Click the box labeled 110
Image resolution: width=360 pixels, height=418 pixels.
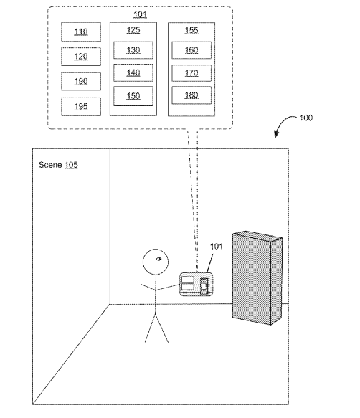pyautogui.click(x=81, y=32)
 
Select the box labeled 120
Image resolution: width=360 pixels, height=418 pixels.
pyautogui.click(x=81, y=57)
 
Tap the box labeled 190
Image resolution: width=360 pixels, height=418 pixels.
pyautogui.click(x=81, y=81)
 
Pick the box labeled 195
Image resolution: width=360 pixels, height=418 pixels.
pyautogui.click(x=81, y=107)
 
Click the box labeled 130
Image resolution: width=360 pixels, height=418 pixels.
pyautogui.click(x=133, y=50)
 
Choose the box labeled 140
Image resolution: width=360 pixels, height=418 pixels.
pyautogui.click(x=133, y=72)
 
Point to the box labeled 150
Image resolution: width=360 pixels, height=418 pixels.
pyautogui.click(x=133, y=96)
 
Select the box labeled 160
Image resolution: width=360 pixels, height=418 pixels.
pyautogui.click(x=191, y=50)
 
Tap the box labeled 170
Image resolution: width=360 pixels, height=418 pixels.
pyautogui.click(x=191, y=73)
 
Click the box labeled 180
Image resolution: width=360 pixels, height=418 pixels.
pyautogui.click(x=191, y=95)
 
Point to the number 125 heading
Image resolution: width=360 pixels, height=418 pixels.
pyautogui.click(x=133, y=30)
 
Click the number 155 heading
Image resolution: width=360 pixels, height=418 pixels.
pyautogui.click(x=191, y=30)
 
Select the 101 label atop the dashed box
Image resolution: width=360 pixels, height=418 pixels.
pyautogui.click(x=140, y=14)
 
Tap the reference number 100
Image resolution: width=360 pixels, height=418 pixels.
pyautogui.click(x=306, y=118)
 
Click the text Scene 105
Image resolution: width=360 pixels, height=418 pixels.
pyautogui.click(x=58, y=165)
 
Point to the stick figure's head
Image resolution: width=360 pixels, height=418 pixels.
pyautogui.click(x=156, y=262)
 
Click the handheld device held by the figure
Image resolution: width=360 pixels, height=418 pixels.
pyautogui.click(x=196, y=284)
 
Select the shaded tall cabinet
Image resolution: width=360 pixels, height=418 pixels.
pyautogui.click(x=257, y=278)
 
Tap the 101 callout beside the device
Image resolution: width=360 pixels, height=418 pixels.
pyautogui.click(x=217, y=247)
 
